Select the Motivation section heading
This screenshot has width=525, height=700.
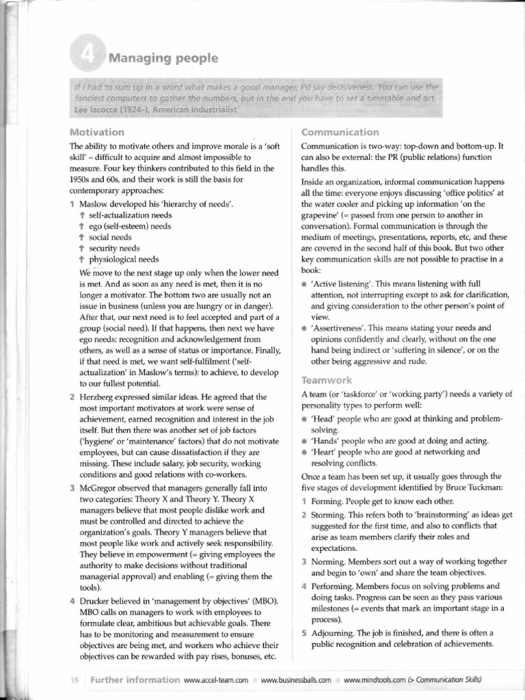coord(97,132)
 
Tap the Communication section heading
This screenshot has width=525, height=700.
coord(340,132)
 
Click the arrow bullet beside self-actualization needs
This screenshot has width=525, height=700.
coord(82,215)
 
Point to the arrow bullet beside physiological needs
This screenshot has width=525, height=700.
coord(82,260)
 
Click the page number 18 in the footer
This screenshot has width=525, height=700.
coord(75,679)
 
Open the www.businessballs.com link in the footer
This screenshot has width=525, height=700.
coord(296,679)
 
